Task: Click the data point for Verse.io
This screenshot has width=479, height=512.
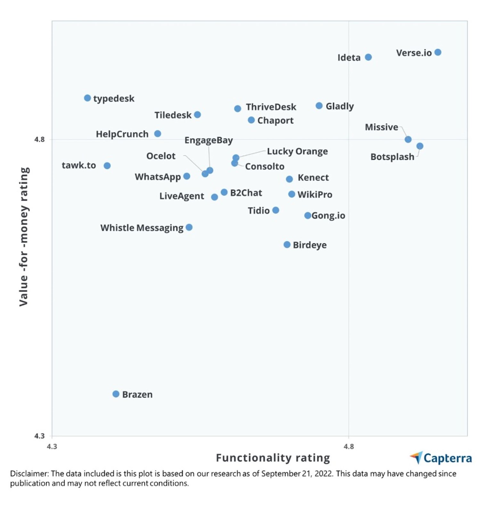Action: [438, 52]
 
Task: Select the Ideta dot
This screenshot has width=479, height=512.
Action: [368, 57]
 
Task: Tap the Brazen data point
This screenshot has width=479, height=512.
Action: [116, 394]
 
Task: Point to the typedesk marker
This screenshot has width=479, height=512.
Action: [87, 98]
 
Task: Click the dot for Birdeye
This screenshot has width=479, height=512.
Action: [287, 245]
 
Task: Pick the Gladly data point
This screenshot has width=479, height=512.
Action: [319, 106]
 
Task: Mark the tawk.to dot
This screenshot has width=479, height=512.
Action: [107, 166]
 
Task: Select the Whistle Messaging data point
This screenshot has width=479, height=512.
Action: [189, 228]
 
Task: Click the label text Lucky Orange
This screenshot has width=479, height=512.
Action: [297, 151]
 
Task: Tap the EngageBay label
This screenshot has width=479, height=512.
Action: [209, 140]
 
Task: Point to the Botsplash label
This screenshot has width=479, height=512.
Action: [392, 157]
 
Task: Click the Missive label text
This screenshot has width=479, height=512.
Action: [381, 127]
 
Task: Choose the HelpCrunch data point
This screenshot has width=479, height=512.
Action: [158, 134]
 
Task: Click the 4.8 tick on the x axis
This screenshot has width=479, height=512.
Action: [349, 446]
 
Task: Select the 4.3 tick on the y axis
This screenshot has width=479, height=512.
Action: [39, 436]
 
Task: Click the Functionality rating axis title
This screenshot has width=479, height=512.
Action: [273, 458]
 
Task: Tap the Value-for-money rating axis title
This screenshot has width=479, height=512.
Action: [24, 237]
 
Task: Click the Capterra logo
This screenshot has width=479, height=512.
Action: [441, 458]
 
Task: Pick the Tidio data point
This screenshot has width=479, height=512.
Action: [276, 210]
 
